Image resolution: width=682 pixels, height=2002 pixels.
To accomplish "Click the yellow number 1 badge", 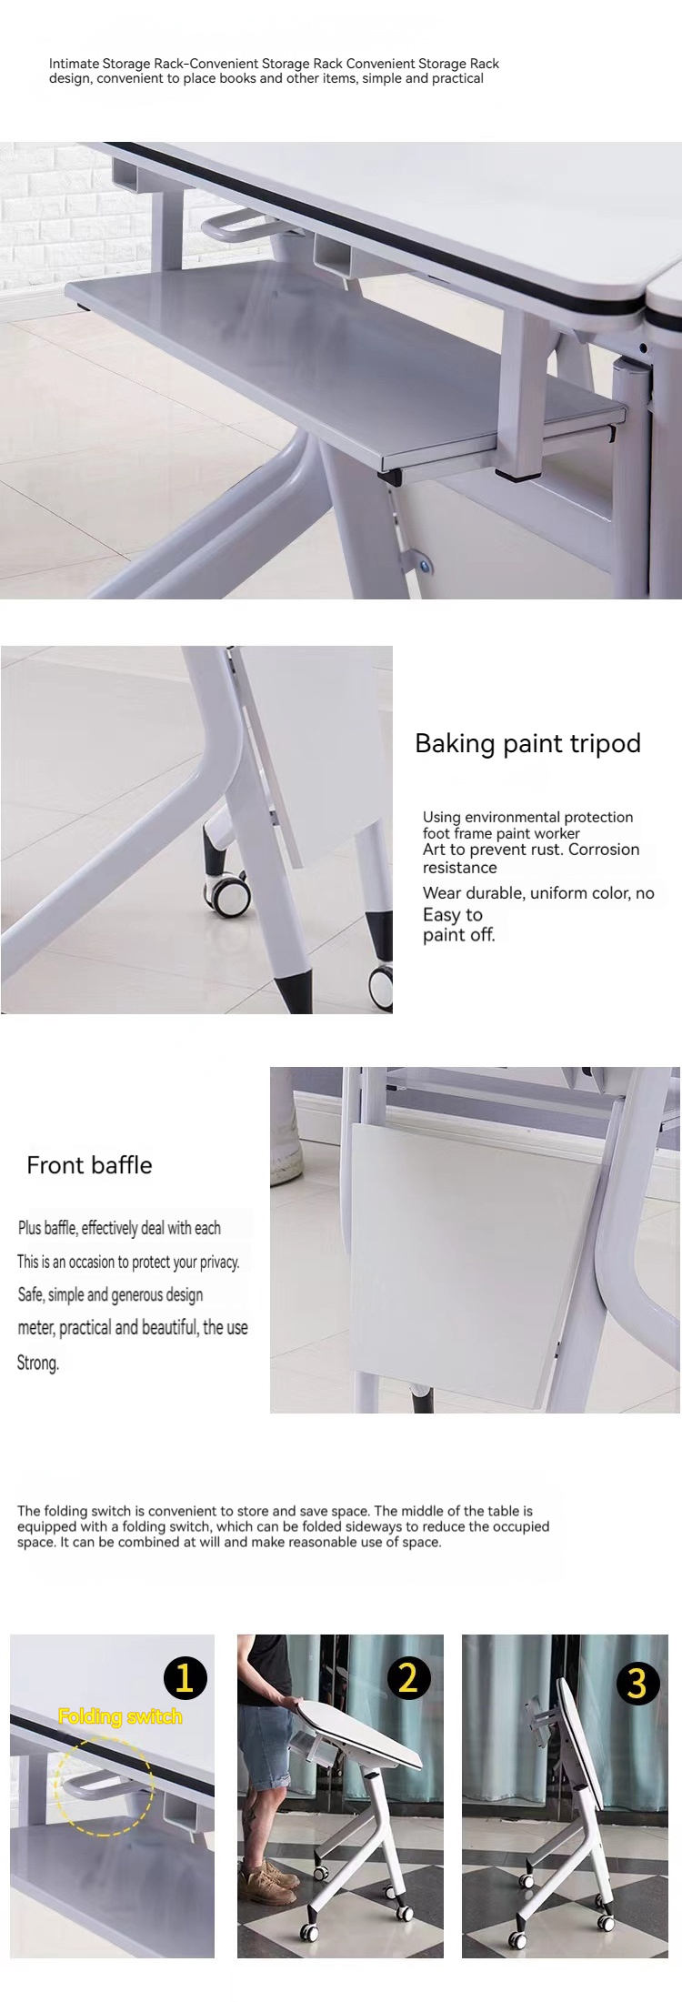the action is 185,1676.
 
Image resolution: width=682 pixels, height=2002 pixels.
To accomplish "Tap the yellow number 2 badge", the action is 408,1675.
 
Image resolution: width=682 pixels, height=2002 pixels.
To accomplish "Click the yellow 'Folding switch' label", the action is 120,1716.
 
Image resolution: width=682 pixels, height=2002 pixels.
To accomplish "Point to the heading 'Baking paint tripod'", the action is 527,743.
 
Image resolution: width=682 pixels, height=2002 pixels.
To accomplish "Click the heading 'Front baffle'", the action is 89,1165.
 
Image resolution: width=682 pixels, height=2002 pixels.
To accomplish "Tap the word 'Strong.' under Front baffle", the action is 38,1363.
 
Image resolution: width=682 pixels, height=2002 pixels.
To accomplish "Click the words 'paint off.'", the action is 459,934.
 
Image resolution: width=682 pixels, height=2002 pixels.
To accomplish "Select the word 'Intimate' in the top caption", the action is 75,64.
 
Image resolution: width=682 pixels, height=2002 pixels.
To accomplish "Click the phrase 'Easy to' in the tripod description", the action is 453,915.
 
